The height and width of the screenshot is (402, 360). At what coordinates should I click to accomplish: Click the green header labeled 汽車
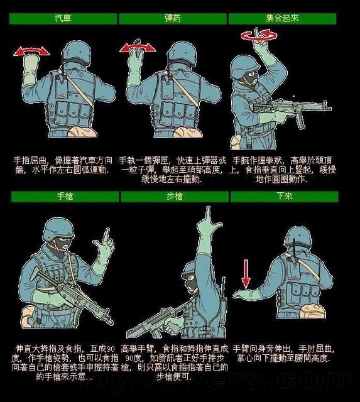pyautogui.click(x=63, y=19)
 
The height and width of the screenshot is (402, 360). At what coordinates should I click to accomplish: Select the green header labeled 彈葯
pyautogui.click(x=172, y=19)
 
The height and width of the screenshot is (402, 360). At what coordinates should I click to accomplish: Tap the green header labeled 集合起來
pyautogui.click(x=282, y=19)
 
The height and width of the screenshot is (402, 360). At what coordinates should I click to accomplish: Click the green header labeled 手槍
pyautogui.click(x=63, y=197)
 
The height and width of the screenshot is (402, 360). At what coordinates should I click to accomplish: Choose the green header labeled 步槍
pyautogui.click(x=174, y=197)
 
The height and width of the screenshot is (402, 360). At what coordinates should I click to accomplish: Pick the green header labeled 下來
pyautogui.click(x=284, y=197)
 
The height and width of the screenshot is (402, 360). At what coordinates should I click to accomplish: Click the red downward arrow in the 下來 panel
pyautogui.click(x=246, y=273)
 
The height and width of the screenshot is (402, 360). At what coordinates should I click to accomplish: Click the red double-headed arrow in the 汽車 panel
pyautogui.click(x=31, y=50)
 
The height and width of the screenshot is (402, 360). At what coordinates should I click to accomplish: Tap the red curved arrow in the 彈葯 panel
pyautogui.click(x=139, y=46)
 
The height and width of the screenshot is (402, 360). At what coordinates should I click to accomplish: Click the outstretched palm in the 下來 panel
pyautogui.click(x=245, y=293)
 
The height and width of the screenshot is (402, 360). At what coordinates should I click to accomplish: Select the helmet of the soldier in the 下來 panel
pyautogui.click(x=298, y=237)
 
